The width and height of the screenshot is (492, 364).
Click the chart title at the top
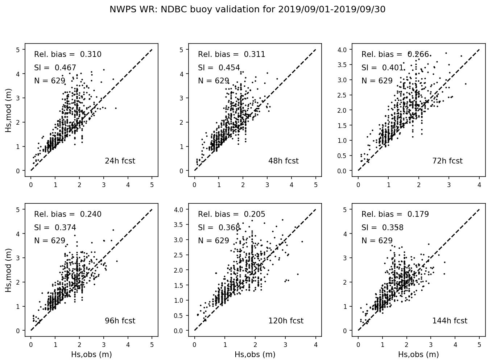247,10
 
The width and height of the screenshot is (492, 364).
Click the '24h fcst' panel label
120,161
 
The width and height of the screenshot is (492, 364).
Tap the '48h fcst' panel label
283,161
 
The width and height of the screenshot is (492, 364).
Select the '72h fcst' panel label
447,161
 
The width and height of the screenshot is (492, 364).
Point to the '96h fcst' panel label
120,321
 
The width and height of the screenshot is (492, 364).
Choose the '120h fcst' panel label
286,321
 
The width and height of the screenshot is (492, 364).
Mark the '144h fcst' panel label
450,321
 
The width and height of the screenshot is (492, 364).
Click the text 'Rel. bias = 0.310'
68,55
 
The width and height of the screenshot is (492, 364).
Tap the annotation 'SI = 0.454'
219,68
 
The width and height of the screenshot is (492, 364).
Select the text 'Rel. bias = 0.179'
395,214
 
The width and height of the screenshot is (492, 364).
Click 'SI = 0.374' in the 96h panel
55,228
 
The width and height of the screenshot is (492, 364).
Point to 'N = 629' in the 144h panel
377,241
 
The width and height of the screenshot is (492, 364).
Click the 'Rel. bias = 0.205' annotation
232,214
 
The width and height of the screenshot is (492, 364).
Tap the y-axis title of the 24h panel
9,112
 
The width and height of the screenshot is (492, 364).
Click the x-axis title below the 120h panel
255,355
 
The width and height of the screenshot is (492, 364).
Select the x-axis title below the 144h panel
418,355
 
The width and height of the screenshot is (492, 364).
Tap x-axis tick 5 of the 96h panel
152,345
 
